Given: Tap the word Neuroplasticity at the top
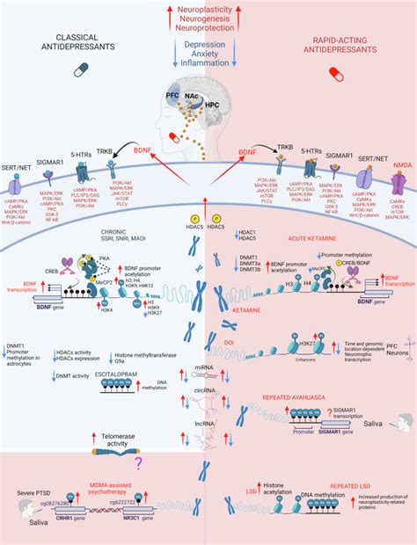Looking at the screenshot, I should (209, 7).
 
